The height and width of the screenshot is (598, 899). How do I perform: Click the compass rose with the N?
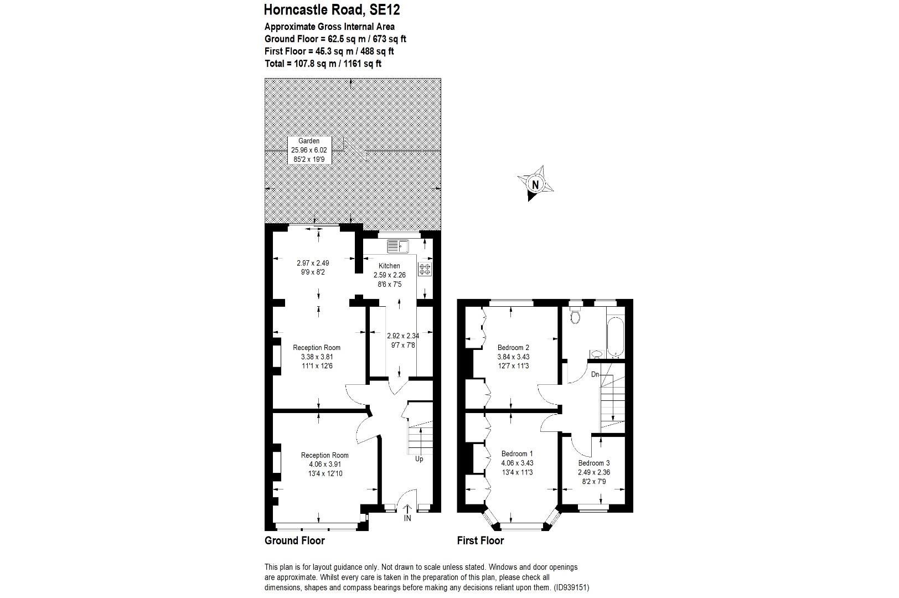pos(535,183)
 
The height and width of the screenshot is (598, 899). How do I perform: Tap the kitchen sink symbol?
pos(397,245)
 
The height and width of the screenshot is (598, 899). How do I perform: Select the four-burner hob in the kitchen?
pos(425,270)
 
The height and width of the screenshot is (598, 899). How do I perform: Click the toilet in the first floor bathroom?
pos(575,316)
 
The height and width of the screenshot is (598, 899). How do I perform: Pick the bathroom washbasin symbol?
pos(596,353)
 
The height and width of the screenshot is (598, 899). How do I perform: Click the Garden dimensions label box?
pos(309,150)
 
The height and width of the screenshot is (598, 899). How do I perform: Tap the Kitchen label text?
pos(389,266)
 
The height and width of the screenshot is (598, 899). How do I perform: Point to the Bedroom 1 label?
pos(517,453)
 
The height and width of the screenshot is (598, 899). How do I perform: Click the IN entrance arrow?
pos(408,513)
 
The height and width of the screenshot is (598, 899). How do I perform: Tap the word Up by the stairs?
pos(419,459)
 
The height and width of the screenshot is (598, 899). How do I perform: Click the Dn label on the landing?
pos(595,374)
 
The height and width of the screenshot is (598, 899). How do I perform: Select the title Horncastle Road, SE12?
pos(332,9)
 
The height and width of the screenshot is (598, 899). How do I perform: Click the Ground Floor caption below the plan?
pos(294,540)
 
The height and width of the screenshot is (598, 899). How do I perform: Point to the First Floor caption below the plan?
pos(480,540)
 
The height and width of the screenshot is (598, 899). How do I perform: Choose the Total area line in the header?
pos(323,64)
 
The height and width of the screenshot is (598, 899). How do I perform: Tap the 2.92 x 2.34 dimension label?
pos(402,336)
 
